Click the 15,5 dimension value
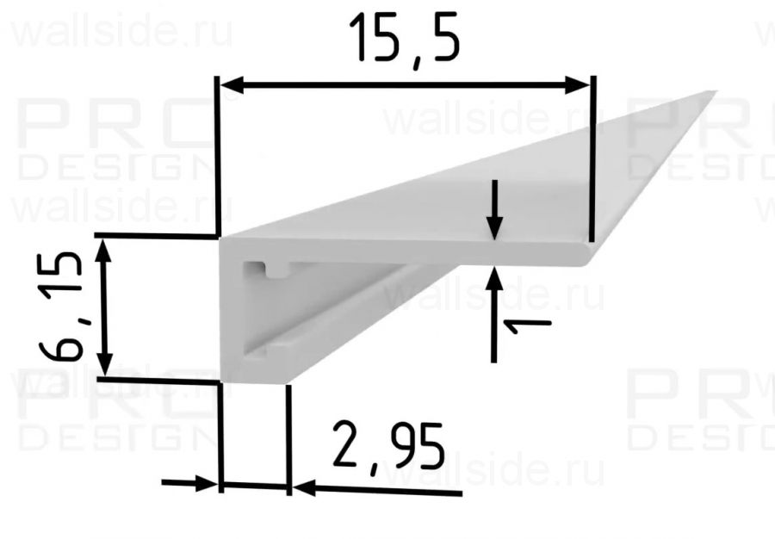click(404, 40)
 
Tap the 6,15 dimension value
click(62, 306)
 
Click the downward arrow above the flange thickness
click(494, 226)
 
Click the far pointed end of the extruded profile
click(713, 91)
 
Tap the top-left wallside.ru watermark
click(121, 34)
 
